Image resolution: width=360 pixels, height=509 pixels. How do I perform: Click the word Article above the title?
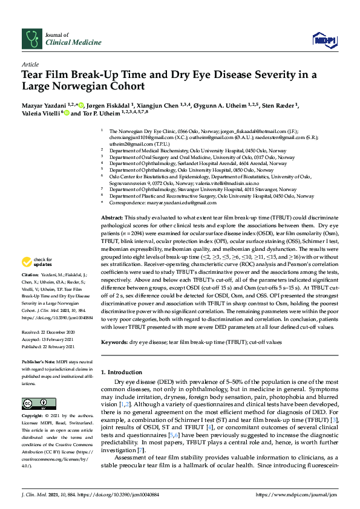pos(30,63)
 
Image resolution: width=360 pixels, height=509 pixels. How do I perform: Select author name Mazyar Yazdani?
pos(42,105)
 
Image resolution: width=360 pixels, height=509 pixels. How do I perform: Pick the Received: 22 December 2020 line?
pos(48,332)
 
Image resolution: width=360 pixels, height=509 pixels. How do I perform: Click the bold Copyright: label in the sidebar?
pos(33,416)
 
